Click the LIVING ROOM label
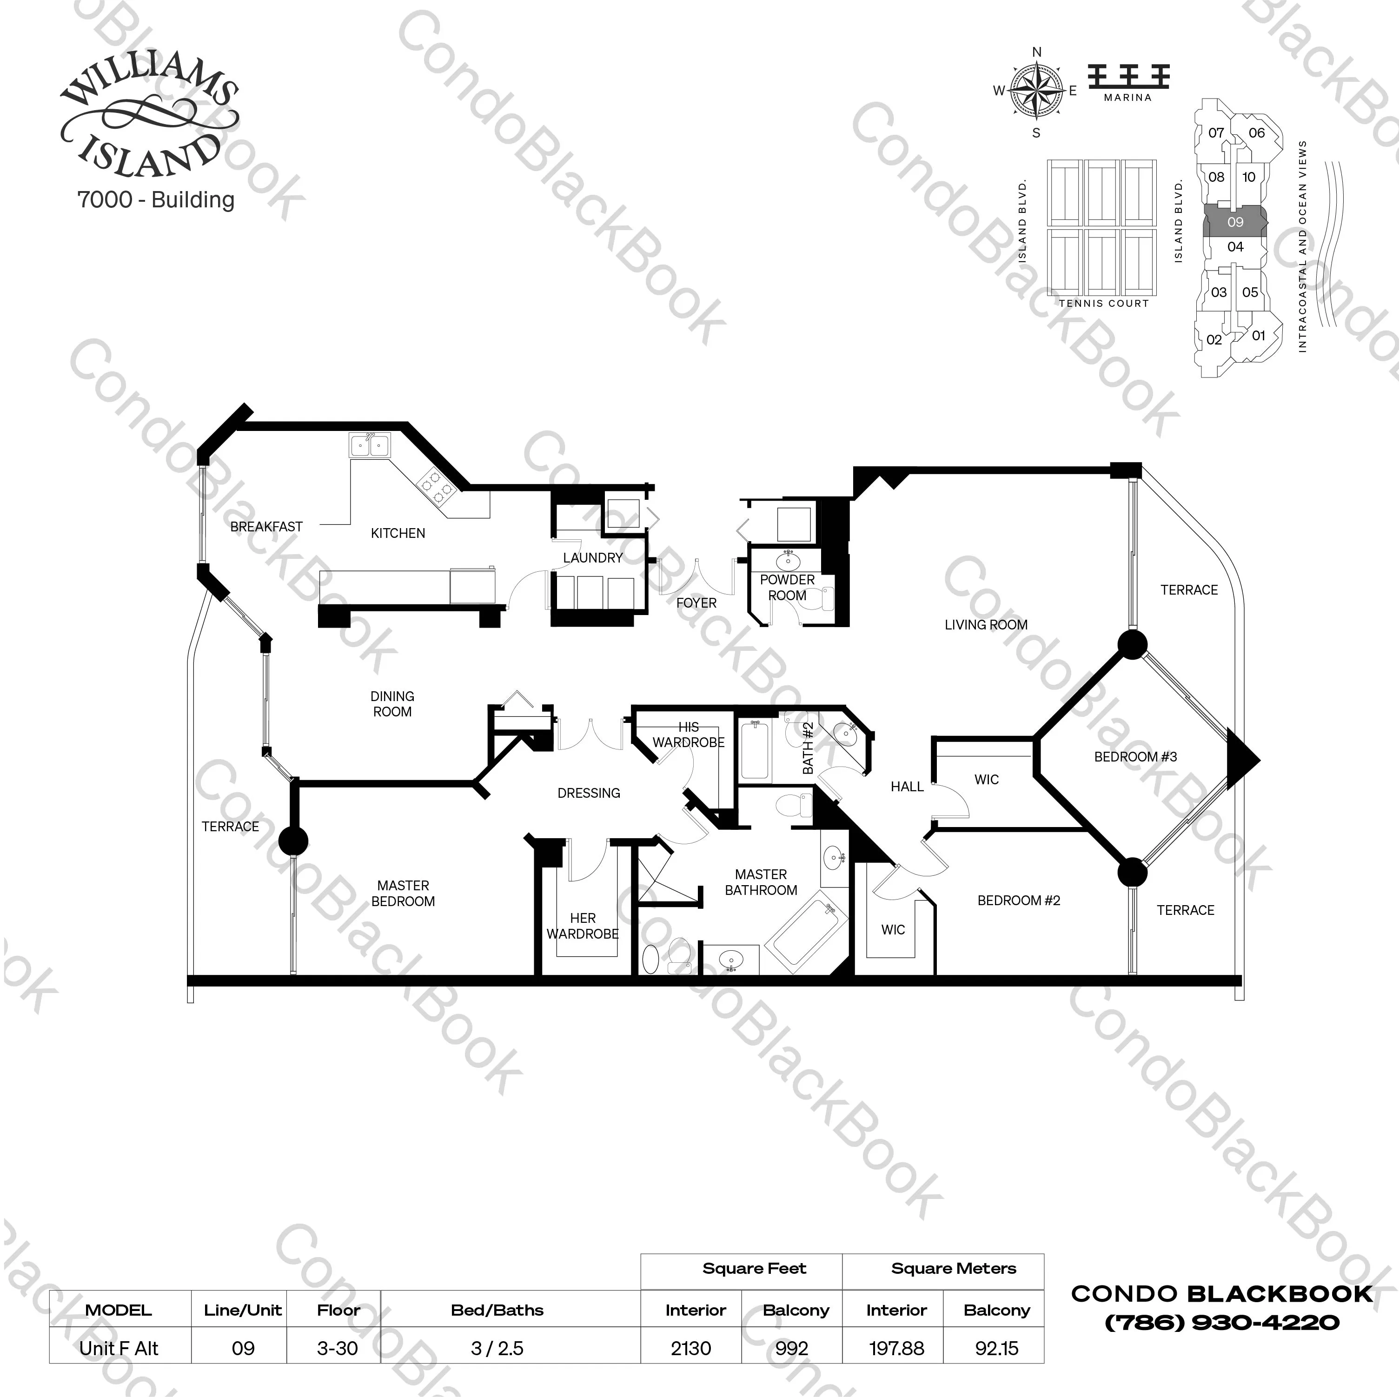[986, 624]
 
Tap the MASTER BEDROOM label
[403, 893]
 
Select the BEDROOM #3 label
[1135, 757]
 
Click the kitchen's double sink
[369, 445]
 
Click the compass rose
[1036, 91]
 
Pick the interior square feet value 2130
[691, 1348]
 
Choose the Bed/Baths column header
[497, 1310]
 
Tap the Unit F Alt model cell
[119, 1348]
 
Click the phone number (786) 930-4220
[1221, 1323]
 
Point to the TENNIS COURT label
[1104, 304]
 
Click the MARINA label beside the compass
[1127, 97]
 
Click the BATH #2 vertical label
[808, 748]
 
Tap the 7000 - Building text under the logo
[156, 200]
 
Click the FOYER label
[696, 602]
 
